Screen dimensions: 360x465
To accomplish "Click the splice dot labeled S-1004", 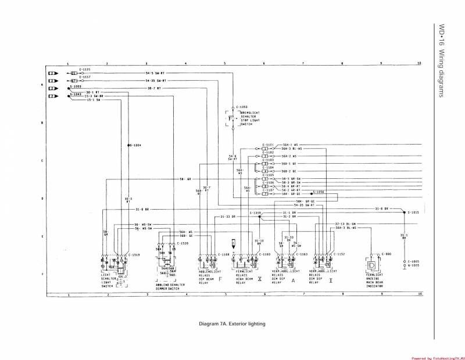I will coord(127,145).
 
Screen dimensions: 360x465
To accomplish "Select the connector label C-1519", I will coord(135,255).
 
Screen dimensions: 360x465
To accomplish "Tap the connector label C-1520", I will coord(183,244).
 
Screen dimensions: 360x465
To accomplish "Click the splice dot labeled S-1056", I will coord(311,192).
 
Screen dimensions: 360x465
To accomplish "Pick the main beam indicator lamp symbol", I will coord(371,265).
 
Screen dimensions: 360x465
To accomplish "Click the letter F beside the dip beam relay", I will coord(220,279).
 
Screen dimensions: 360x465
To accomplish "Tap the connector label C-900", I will coord(387,254).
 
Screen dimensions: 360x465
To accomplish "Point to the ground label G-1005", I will coord(413,265).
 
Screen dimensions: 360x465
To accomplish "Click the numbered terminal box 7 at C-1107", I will coord(264,193).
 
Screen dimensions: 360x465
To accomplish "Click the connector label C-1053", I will coord(241,107).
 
